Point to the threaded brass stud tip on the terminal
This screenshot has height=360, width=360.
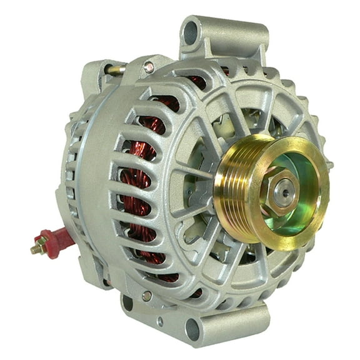click(34, 249)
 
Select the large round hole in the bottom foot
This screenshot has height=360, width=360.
click(192, 328)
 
